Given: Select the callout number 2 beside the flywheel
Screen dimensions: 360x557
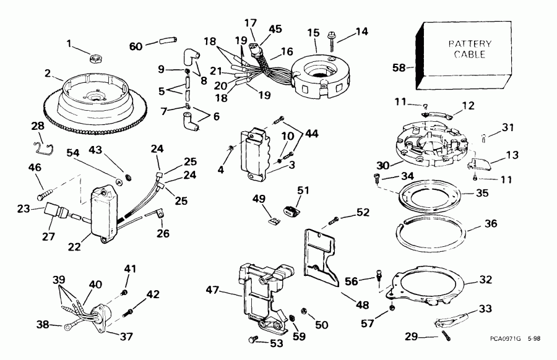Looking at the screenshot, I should tap(48, 72).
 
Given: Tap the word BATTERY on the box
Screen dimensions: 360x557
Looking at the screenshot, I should tap(470, 44).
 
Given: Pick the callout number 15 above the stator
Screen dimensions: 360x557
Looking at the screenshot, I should tap(314, 32).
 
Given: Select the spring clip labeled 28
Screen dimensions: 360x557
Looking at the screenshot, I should tap(41, 147).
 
